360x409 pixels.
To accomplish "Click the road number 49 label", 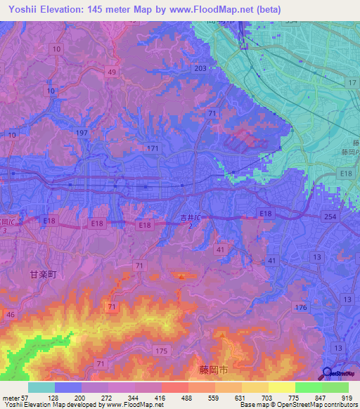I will pos(112,72).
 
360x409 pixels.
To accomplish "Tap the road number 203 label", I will pos(200,68).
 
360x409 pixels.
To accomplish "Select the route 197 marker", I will pos(82,133).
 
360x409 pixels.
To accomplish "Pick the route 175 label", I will pos(162,350).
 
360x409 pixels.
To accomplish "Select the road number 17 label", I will pos(351,84).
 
